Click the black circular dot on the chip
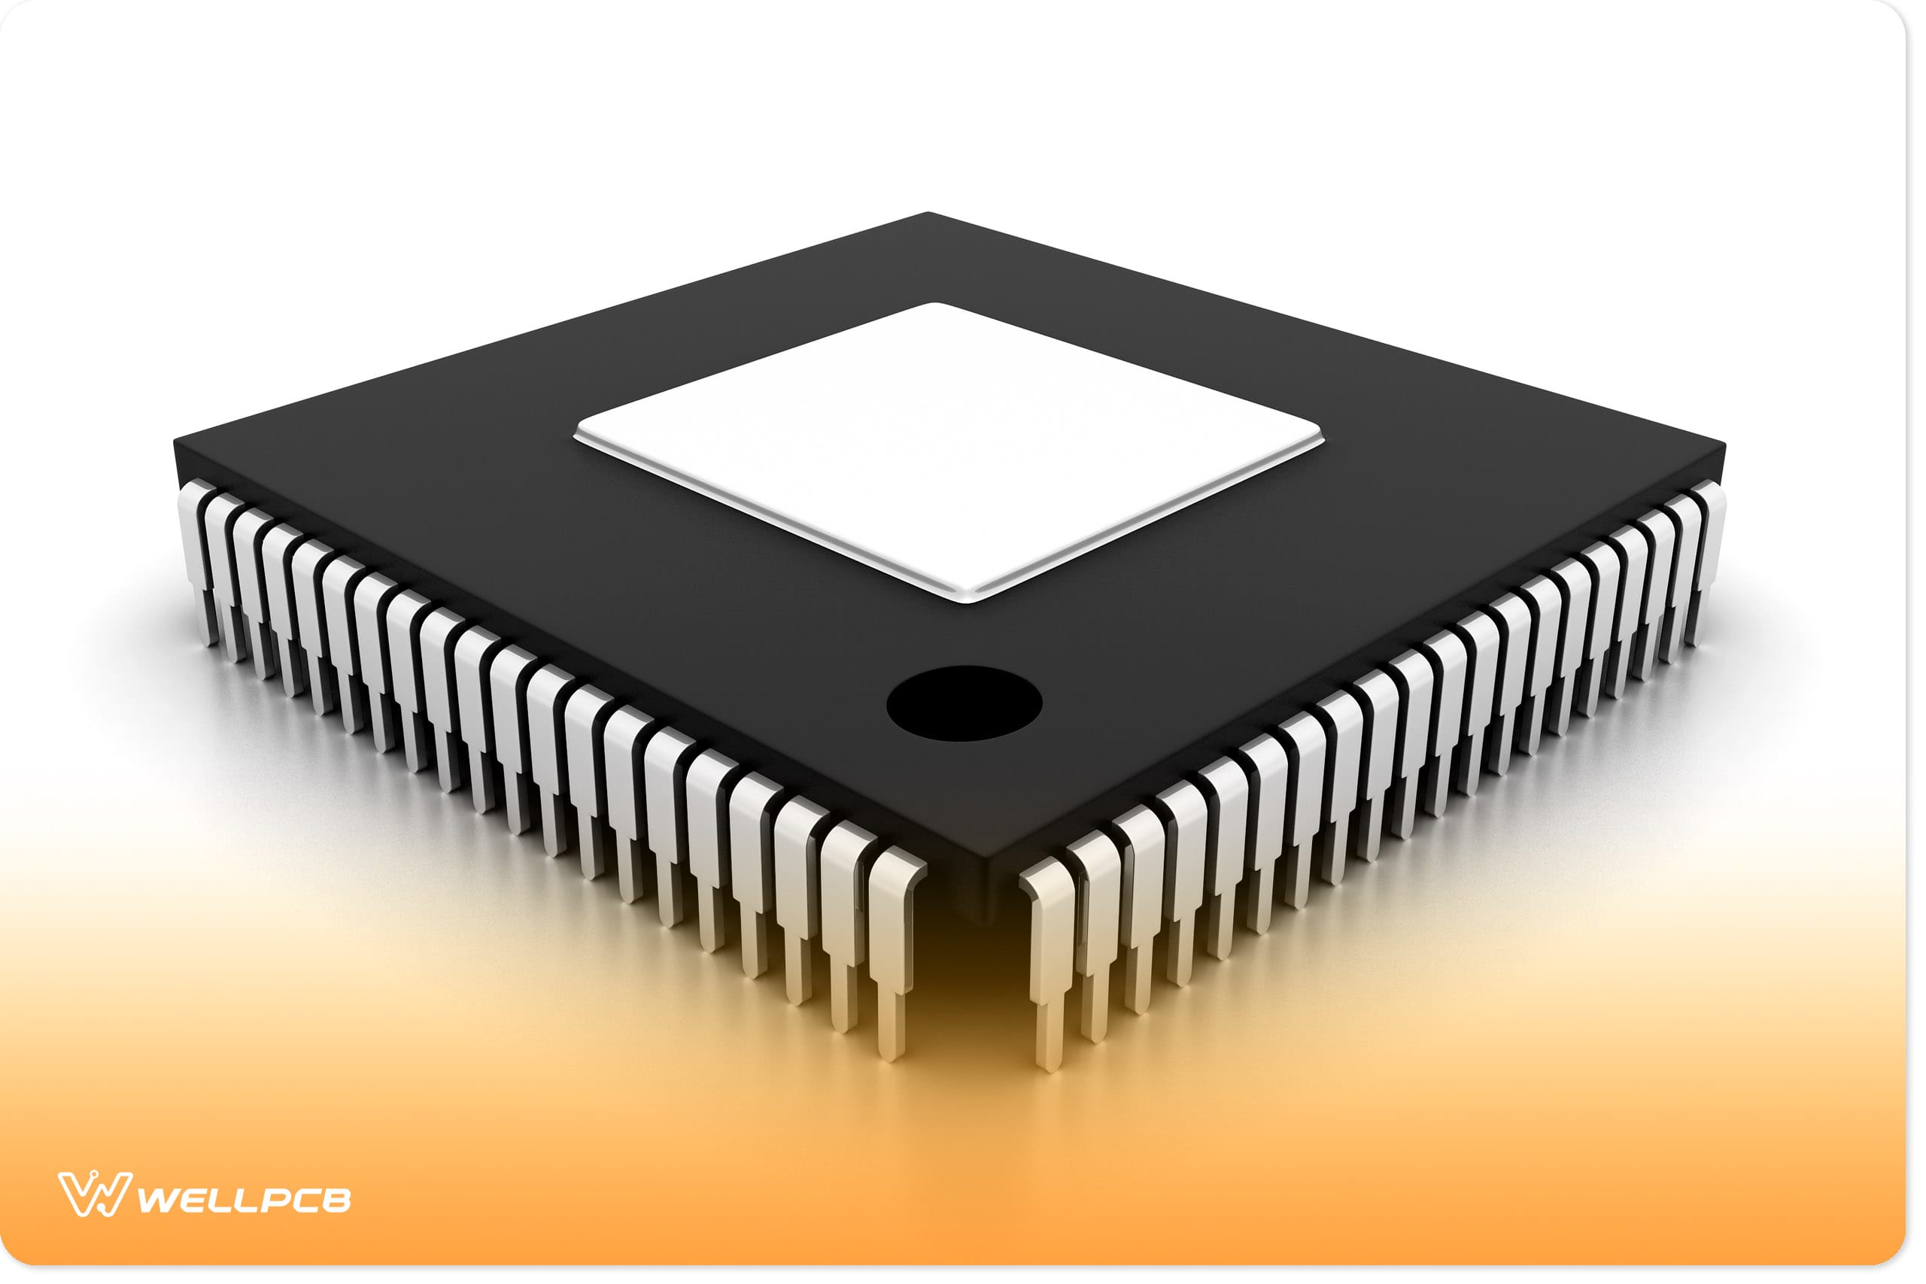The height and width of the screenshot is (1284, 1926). click(964, 703)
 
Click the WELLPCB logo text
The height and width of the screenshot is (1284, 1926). click(243, 1201)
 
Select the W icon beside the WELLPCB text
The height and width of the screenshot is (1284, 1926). click(94, 1194)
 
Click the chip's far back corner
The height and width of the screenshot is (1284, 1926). click(928, 214)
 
